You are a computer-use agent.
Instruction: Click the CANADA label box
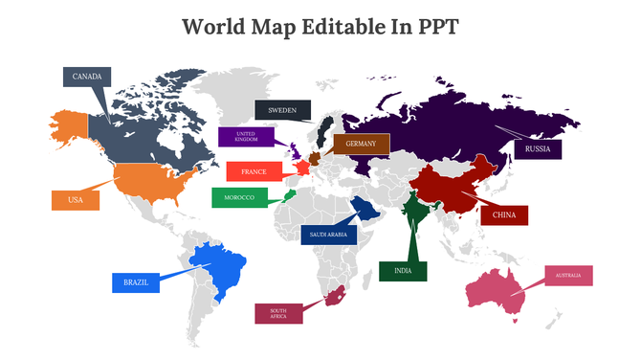(x=87, y=77)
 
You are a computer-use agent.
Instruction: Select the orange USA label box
(x=76, y=199)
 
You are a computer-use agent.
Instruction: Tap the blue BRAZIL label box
(x=135, y=282)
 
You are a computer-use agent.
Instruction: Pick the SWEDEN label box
(x=282, y=109)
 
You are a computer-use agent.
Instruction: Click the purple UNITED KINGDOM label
(x=246, y=137)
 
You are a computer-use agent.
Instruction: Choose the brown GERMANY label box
(x=361, y=144)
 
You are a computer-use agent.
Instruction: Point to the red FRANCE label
(x=254, y=171)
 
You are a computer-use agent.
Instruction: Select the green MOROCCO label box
(x=239, y=198)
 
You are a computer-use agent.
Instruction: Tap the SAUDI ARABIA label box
(x=329, y=234)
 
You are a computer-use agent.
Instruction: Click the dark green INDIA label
(x=402, y=271)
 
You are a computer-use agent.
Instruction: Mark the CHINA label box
(x=503, y=215)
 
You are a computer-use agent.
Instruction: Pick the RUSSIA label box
(x=538, y=149)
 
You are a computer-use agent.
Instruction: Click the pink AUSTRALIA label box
(x=568, y=276)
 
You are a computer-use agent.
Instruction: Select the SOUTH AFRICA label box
(x=278, y=313)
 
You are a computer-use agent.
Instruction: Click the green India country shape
(x=413, y=211)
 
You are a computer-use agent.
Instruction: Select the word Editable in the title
(x=329, y=26)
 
